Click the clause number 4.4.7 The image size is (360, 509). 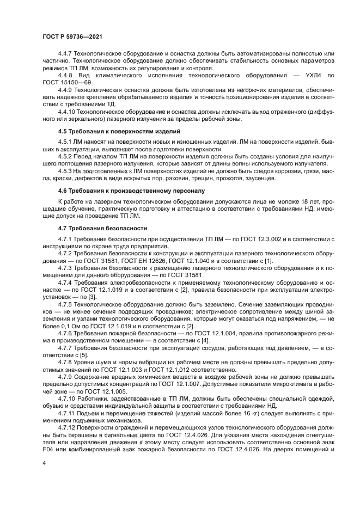[65, 54]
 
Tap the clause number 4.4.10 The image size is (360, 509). [67, 112]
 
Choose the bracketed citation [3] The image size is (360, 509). [93, 296]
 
